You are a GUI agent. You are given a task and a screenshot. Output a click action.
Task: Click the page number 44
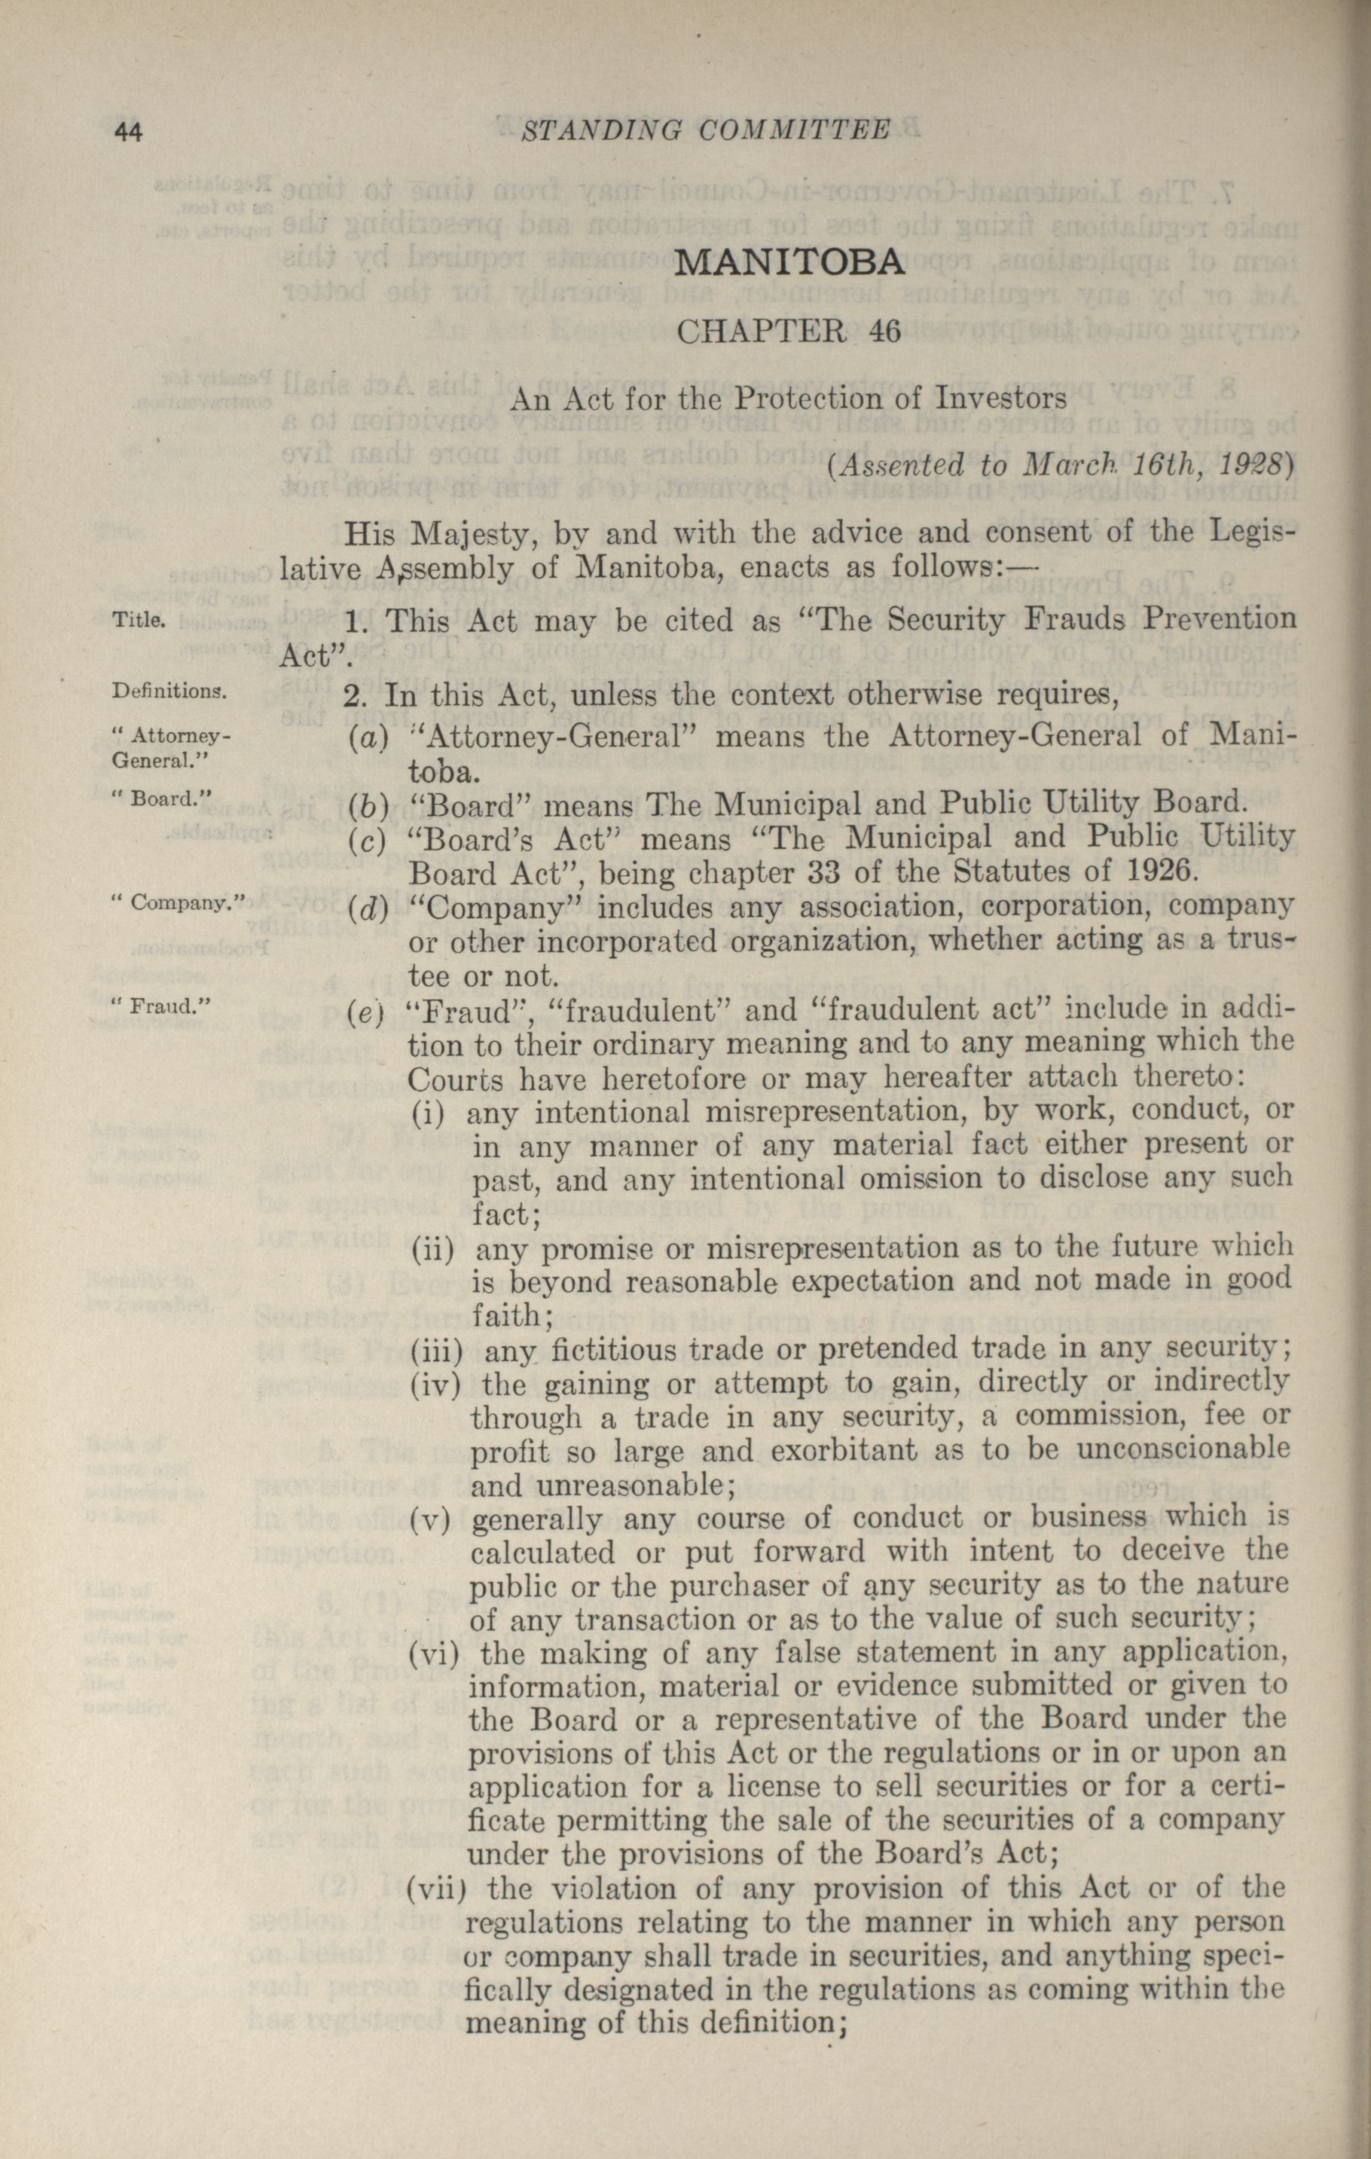pyautogui.click(x=127, y=131)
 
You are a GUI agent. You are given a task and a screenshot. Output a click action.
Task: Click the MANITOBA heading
pyautogui.click(x=788, y=262)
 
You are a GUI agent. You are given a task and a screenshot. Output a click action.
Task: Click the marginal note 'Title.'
pyautogui.click(x=137, y=618)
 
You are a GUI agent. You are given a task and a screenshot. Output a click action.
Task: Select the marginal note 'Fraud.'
pyautogui.click(x=162, y=1005)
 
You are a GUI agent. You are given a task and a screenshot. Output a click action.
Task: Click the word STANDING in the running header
pyautogui.click(x=595, y=131)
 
